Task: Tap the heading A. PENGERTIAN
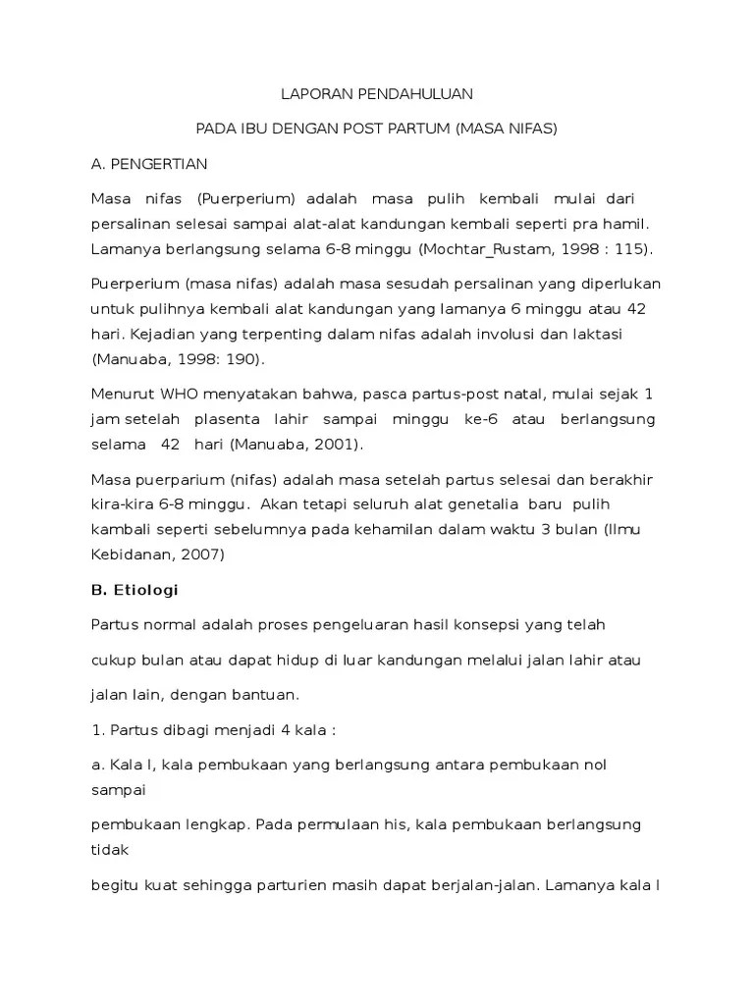[x=149, y=163]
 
